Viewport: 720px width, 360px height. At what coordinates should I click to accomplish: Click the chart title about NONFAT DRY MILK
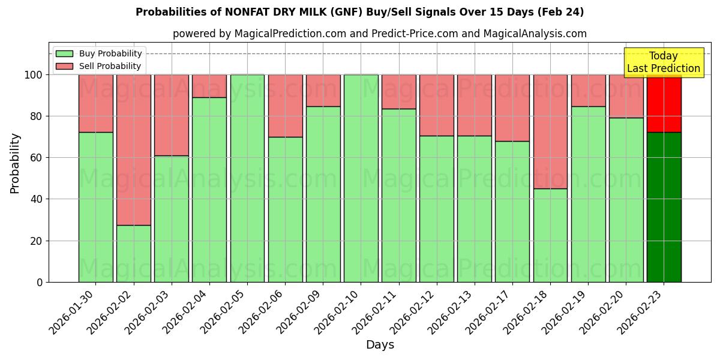tap(359, 12)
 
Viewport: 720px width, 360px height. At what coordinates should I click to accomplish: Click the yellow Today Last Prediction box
tap(663, 62)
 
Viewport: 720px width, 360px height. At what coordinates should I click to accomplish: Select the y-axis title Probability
tap(15, 163)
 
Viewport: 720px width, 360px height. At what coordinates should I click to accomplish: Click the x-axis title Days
tap(380, 344)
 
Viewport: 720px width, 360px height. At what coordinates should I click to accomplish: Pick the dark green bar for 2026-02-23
tap(664, 207)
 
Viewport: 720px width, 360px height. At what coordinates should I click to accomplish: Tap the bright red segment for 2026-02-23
tap(664, 103)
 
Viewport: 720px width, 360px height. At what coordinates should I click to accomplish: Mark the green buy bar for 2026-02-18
tap(550, 235)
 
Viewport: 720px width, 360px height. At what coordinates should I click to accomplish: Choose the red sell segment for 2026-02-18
tap(550, 131)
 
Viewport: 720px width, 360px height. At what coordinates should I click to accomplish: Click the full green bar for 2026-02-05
tap(247, 178)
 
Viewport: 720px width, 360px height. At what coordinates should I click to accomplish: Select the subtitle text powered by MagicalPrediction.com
tap(380, 34)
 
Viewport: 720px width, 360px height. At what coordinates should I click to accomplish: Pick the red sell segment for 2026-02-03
tap(172, 115)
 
